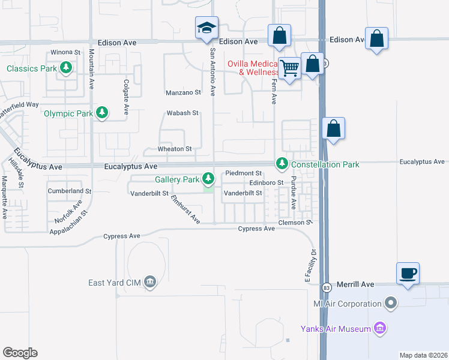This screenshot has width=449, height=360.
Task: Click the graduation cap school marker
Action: tap(206, 28)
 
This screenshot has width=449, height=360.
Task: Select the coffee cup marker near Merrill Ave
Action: tap(408, 274)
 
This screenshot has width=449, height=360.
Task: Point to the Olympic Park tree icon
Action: tap(103, 113)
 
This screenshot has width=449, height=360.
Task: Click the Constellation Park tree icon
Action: tap(282, 163)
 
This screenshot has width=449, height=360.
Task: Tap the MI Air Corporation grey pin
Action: tap(391, 303)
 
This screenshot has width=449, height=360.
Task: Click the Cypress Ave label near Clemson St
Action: tap(256, 229)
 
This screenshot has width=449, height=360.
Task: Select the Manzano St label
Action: tap(183, 92)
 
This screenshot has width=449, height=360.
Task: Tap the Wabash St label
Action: tap(182, 113)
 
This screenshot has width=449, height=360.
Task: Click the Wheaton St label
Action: tap(174, 149)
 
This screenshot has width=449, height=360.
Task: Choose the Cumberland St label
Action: tap(69, 191)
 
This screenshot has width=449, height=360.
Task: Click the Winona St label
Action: tap(65, 52)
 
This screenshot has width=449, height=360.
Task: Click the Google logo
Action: tap(20, 352)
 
